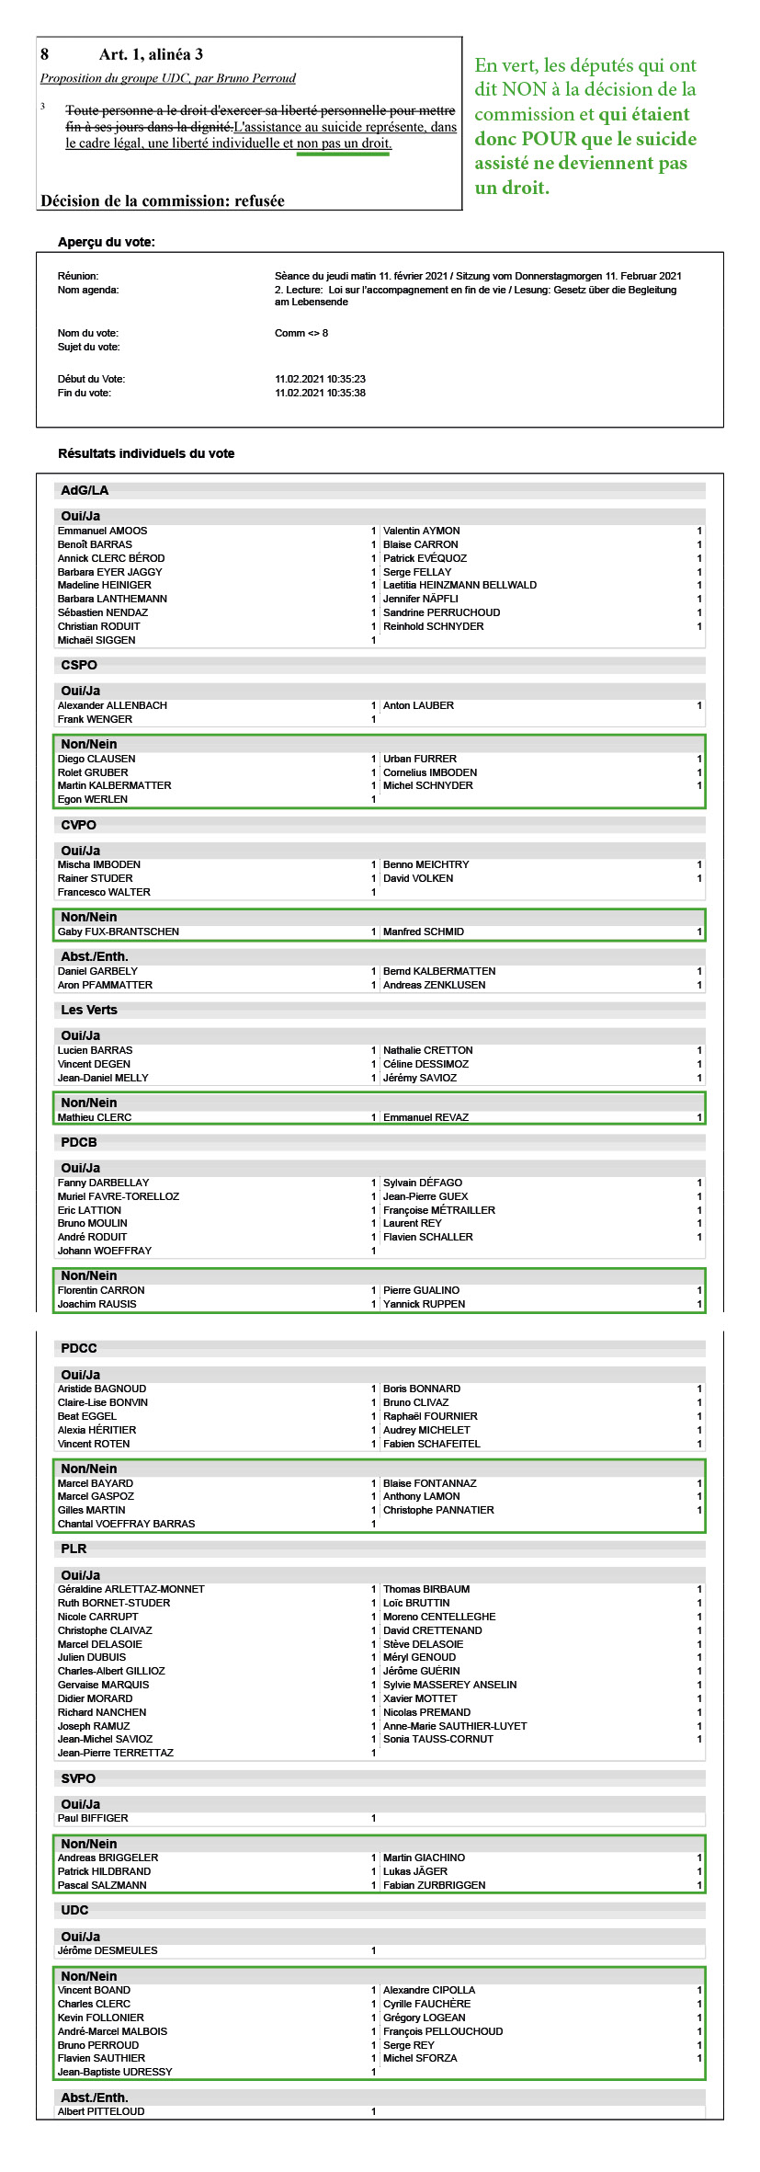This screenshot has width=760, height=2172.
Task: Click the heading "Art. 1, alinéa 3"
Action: (x=151, y=55)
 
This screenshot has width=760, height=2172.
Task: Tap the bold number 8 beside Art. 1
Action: (x=45, y=55)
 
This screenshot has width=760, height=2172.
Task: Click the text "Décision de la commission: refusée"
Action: (x=163, y=200)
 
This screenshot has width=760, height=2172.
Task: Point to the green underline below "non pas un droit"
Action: (x=343, y=154)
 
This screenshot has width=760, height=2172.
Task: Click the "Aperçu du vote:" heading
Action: (x=107, y=242)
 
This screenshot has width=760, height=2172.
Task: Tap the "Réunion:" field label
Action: (x=78, y=276)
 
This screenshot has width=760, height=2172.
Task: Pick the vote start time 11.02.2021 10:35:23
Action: (x=320, y=379)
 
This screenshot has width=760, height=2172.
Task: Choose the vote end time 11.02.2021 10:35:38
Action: (x=320, y=393)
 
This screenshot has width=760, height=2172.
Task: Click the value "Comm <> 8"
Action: (x=301, y=333)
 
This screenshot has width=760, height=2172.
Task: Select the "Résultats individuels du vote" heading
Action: (x=146, y=453)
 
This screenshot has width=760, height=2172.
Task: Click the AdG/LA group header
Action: (x=85, y=490)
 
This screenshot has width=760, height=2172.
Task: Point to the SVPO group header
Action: (x=78, y=1778)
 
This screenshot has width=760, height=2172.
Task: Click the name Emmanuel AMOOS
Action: (x=102, y=531)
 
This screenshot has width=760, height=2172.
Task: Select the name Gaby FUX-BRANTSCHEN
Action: (x=119, y=932)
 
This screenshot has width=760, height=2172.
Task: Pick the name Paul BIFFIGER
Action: (x=93, y=1818)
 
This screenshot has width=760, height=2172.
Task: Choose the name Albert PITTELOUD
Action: (x=101, y=2111)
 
